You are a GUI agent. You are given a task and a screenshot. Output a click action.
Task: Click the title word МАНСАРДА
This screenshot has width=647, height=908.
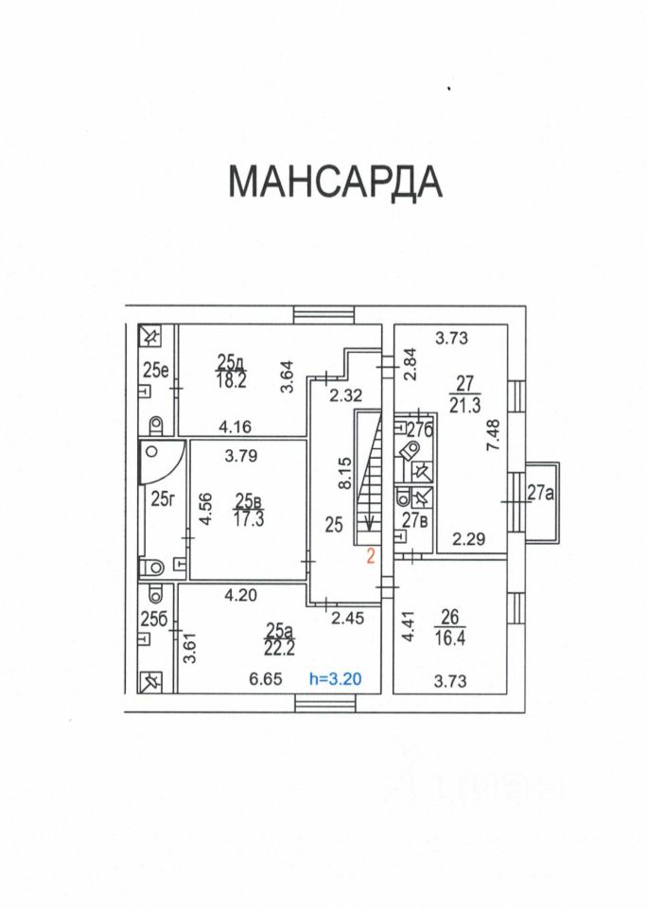tap(335, 182)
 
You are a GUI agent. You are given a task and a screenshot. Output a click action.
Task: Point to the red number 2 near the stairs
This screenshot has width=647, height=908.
tap(372, 557)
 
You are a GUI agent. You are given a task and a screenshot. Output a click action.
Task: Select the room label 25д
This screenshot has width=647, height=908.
tap(231, 361)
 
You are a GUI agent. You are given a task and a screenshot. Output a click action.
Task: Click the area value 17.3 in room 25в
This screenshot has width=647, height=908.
tap(250, 518)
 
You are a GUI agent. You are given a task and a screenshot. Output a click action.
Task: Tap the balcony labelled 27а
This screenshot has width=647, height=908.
tap(540, 491)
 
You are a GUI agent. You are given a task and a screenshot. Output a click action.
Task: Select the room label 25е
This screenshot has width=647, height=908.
tap(155, 370)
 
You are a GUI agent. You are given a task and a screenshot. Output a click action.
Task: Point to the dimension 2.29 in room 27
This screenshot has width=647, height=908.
tap(470, 540)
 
